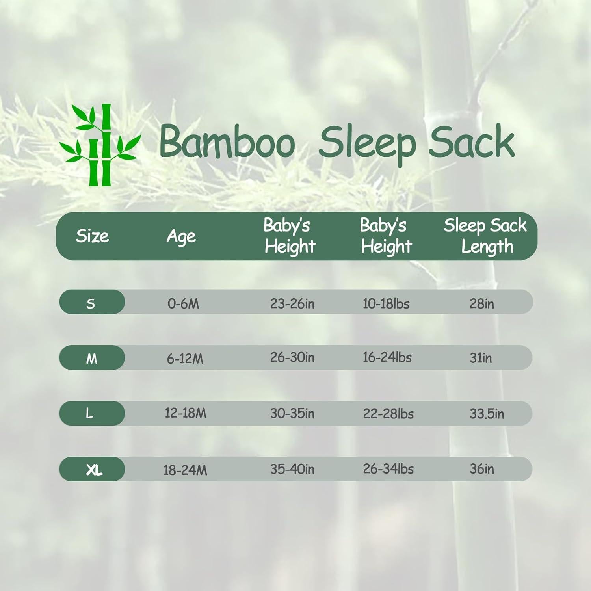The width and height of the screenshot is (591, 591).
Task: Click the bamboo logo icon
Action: tap(99, 145)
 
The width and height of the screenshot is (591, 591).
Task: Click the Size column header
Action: tap(92, 236)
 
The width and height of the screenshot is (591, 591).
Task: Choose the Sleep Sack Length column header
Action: tap(485, 236)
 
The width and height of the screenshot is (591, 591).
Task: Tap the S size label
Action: tap(91, 303)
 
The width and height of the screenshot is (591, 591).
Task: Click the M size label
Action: tap(91, 359)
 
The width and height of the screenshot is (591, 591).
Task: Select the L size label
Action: tap(90, 414)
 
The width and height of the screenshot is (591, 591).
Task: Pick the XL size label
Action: tap(94, 470)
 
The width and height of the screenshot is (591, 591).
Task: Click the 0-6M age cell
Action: tap(183, 304)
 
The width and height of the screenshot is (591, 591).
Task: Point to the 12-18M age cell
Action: tap(185, 413)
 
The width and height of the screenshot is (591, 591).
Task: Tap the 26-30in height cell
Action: tap(292, 357)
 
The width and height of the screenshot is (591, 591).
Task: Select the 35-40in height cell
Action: tap(292, 469)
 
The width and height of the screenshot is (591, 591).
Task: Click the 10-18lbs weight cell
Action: tap(386, 304)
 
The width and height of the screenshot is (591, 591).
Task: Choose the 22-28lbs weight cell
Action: tap(388, 414)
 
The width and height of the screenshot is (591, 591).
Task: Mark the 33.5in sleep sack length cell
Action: tap(487, 414)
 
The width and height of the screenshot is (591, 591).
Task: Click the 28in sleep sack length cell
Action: tap(481, 304)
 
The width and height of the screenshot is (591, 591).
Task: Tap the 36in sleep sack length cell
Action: tap(481, 469)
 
